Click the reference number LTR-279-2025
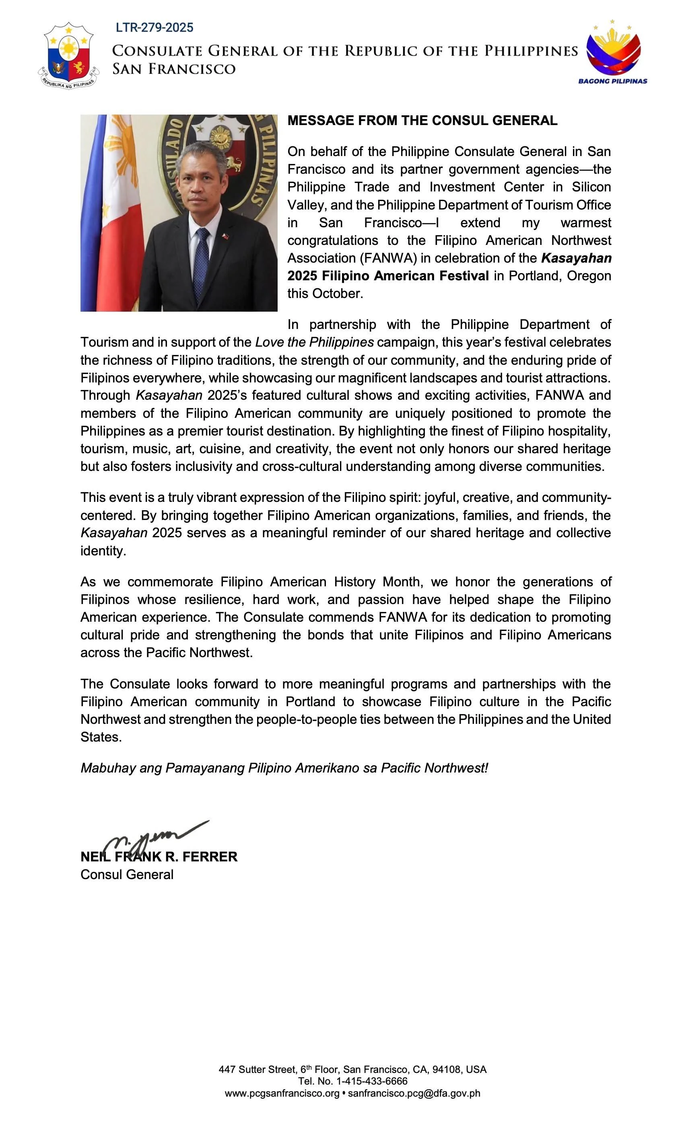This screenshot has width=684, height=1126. (x=154, y=28)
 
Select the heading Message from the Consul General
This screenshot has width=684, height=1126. (x=422, y=121)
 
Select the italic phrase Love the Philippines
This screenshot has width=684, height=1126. (x=314, y=342)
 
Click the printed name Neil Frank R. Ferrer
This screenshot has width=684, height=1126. (x=159, y=857)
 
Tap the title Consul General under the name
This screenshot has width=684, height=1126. (x=127, y=875)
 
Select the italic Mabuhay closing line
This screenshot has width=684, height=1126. (x=284, y=768)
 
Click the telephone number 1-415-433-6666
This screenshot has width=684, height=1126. (x=371, y=1082)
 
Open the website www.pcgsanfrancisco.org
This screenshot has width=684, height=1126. (x=282, y=1093)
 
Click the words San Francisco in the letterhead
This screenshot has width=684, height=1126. (x=174, y=69)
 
